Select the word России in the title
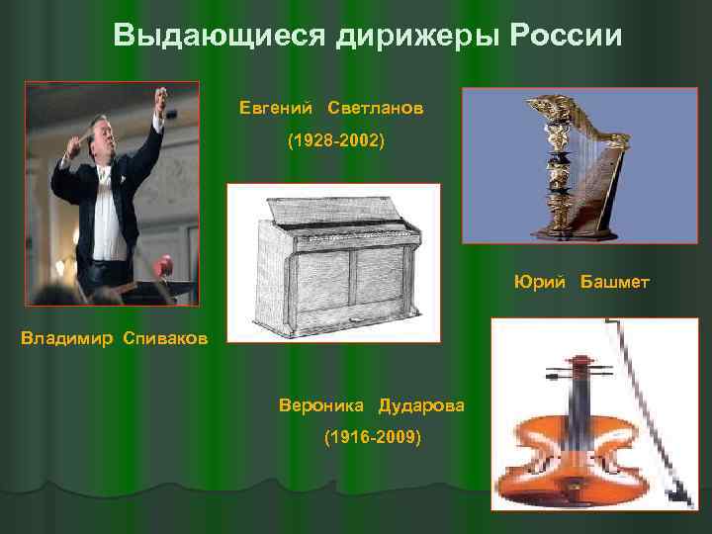568,37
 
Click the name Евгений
276,106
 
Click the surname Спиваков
166,340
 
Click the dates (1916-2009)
373,436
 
